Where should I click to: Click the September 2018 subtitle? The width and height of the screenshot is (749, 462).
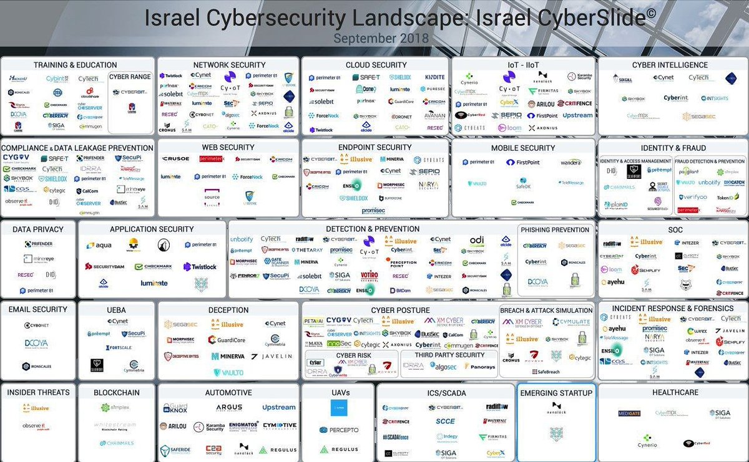tap(381, 38)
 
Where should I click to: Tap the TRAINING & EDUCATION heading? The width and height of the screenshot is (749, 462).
tap(76, 65)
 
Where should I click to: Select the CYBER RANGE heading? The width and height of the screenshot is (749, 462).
tap(131, 77)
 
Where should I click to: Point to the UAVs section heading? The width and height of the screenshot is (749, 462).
tap(338, 393)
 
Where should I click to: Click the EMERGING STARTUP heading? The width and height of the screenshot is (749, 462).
tap(557, 393)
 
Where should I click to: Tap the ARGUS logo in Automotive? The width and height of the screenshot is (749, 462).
tap(229, 407)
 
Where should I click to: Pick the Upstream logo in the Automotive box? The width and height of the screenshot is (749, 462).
tap(278, 407)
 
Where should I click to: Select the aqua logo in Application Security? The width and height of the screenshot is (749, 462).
tap(100, 246)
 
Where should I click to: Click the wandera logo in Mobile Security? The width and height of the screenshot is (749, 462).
tap(570, 163)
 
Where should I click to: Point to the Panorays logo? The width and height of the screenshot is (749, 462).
tap(482, 367)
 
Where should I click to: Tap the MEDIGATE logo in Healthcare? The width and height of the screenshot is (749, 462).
tap(629, 413)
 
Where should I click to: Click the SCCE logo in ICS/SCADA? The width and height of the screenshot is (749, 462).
tap(445, 421)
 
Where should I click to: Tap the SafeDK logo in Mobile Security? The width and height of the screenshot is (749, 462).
tap(522, 186)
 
